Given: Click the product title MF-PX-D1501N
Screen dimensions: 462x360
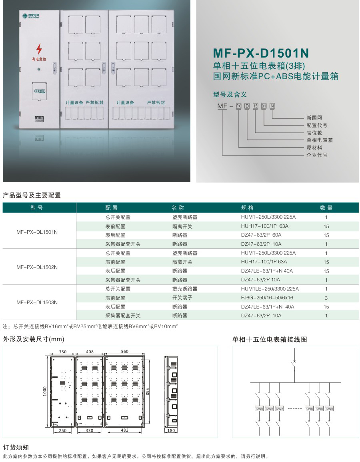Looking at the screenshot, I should (261, 53).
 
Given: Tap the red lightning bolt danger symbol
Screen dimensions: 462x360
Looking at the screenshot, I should (39, 49).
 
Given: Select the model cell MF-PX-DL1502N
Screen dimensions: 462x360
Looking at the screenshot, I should (37, 267).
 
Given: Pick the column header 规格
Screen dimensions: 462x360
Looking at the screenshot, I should (248, 208).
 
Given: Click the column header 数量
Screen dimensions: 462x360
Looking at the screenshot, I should (326, 208).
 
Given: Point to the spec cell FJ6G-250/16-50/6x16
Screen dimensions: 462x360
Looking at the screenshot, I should (267, 298).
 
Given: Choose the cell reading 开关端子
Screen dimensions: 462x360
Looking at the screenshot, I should (182, 298).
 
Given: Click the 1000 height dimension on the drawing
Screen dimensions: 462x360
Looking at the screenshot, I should (45, 388).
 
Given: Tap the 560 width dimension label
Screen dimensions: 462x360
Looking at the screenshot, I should (124, 352).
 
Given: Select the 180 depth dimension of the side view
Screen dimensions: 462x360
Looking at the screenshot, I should (171, 430).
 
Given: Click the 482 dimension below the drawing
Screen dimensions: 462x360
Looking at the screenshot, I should (124, 430).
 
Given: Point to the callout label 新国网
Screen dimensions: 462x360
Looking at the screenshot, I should (314, 118).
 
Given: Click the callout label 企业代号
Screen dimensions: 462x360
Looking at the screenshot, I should (316, 155).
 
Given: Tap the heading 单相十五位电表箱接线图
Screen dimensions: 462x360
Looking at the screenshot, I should (270, 340).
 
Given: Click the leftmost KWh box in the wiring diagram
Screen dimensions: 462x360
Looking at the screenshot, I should (259, 409).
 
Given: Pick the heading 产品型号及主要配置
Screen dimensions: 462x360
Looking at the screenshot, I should (32, 195).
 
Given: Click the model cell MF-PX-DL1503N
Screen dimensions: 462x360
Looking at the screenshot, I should (37, 303).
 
